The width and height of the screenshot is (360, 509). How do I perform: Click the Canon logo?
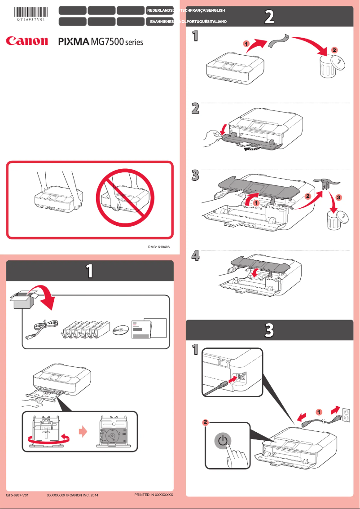(x=26, y=41)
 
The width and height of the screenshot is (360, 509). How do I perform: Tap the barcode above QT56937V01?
(x=31, y=12)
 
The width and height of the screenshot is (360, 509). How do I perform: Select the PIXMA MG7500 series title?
(x=101, y=42)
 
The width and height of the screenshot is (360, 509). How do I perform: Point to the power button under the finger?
(x=223, y=441)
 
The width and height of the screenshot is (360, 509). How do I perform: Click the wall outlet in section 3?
(x=346, y=415)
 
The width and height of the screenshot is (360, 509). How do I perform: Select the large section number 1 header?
(x=89, y=271)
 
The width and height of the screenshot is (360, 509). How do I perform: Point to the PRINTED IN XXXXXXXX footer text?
(x=154, y=495)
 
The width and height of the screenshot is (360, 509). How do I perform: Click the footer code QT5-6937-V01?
(x=18, y=495)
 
